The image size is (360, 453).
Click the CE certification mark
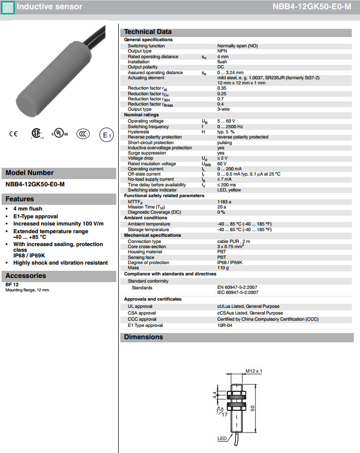coord(13,134)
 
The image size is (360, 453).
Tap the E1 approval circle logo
coord(106,135)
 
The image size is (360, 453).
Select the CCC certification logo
coord(83,134)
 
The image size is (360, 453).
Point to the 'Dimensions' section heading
coord(143,337)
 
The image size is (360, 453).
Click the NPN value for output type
coord(222,51)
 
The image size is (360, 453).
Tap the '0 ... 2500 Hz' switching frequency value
coord(229,127)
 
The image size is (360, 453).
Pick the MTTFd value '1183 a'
coord(224,202)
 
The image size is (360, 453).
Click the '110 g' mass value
coord(223,268)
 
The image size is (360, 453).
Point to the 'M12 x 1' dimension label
coord(254,371)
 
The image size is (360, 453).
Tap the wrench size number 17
coord(224,413)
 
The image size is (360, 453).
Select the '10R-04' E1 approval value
coord(225,325)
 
